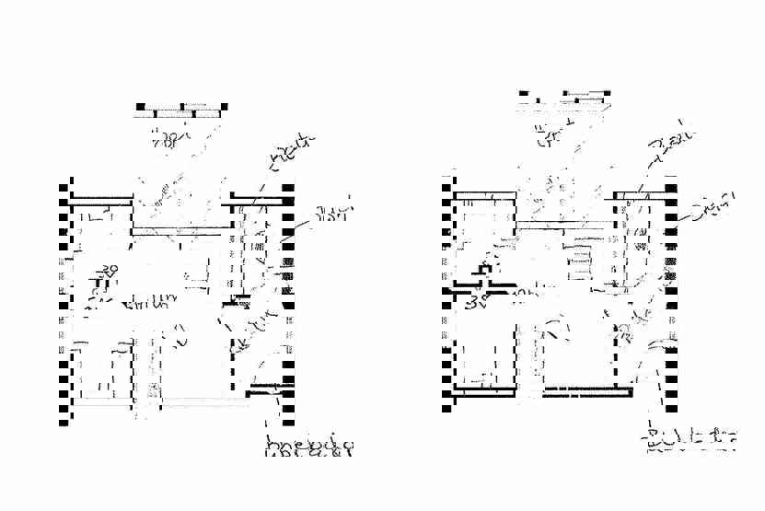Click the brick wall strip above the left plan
(180, 112)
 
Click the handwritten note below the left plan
(308, 448)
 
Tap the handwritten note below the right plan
(690, 439)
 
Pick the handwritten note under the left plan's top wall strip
(170, 140)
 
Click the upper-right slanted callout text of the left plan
(291, 153)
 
